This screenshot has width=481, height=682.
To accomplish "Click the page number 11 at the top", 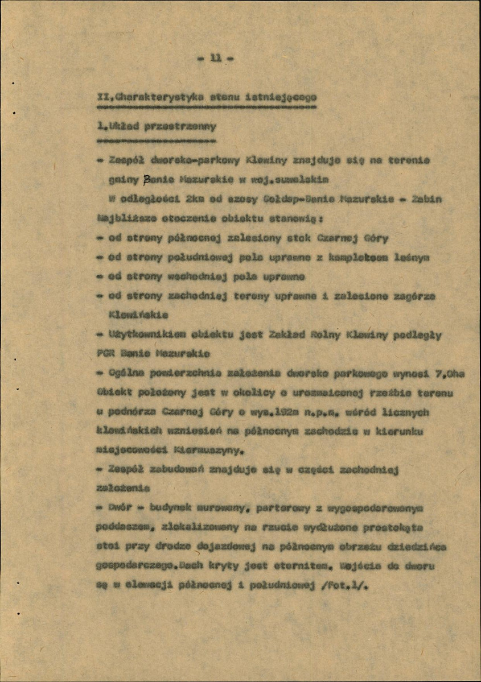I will [216, 57].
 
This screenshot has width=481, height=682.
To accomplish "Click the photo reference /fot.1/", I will [343, 586].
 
